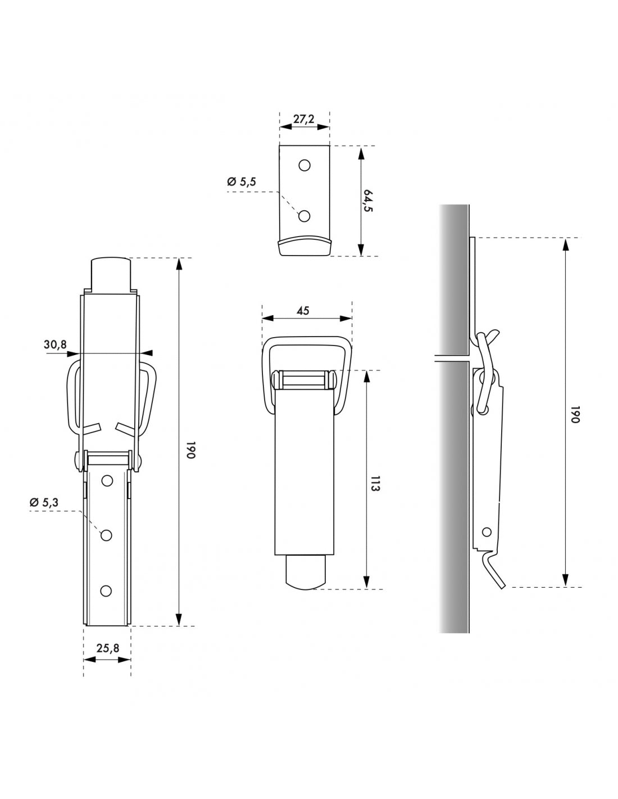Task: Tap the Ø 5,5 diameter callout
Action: coord(241,181)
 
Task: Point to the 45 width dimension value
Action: coord(303,311)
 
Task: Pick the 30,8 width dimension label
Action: coord(55,344)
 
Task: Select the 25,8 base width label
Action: coord(108,648)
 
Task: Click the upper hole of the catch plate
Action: coord(305,165)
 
